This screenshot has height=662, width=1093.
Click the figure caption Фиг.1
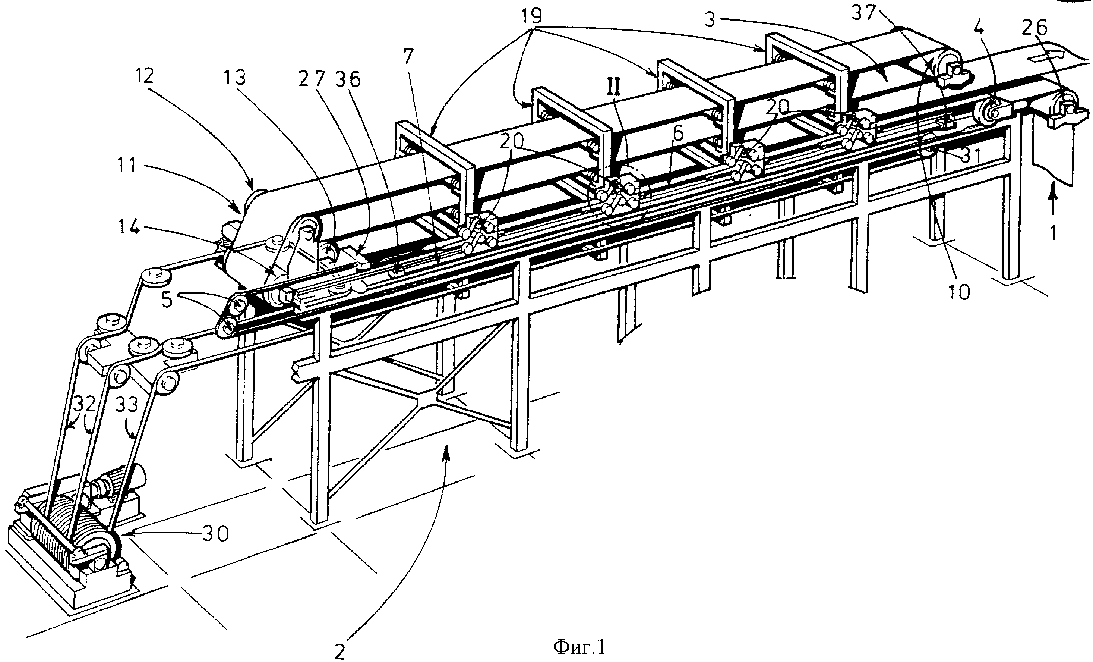[x=579, y=648]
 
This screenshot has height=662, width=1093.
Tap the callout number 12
[x=143, y=77]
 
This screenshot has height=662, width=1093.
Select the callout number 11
[x=126, y=166]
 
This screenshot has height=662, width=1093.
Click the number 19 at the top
[x=531, y=16]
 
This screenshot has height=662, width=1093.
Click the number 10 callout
[x=958, y=292]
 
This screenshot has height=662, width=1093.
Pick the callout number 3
[x=710, y=21]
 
